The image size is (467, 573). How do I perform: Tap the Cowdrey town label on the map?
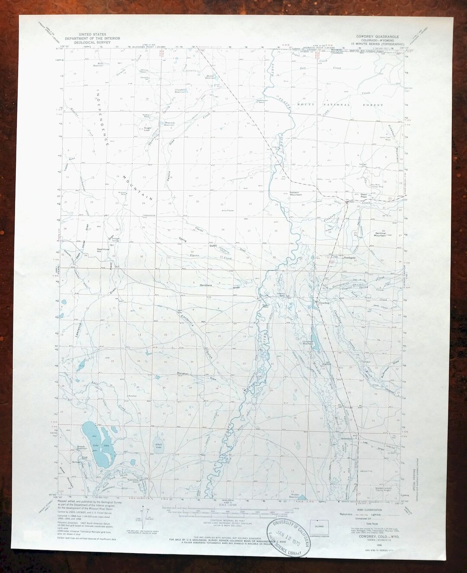(x=324, y=303)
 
